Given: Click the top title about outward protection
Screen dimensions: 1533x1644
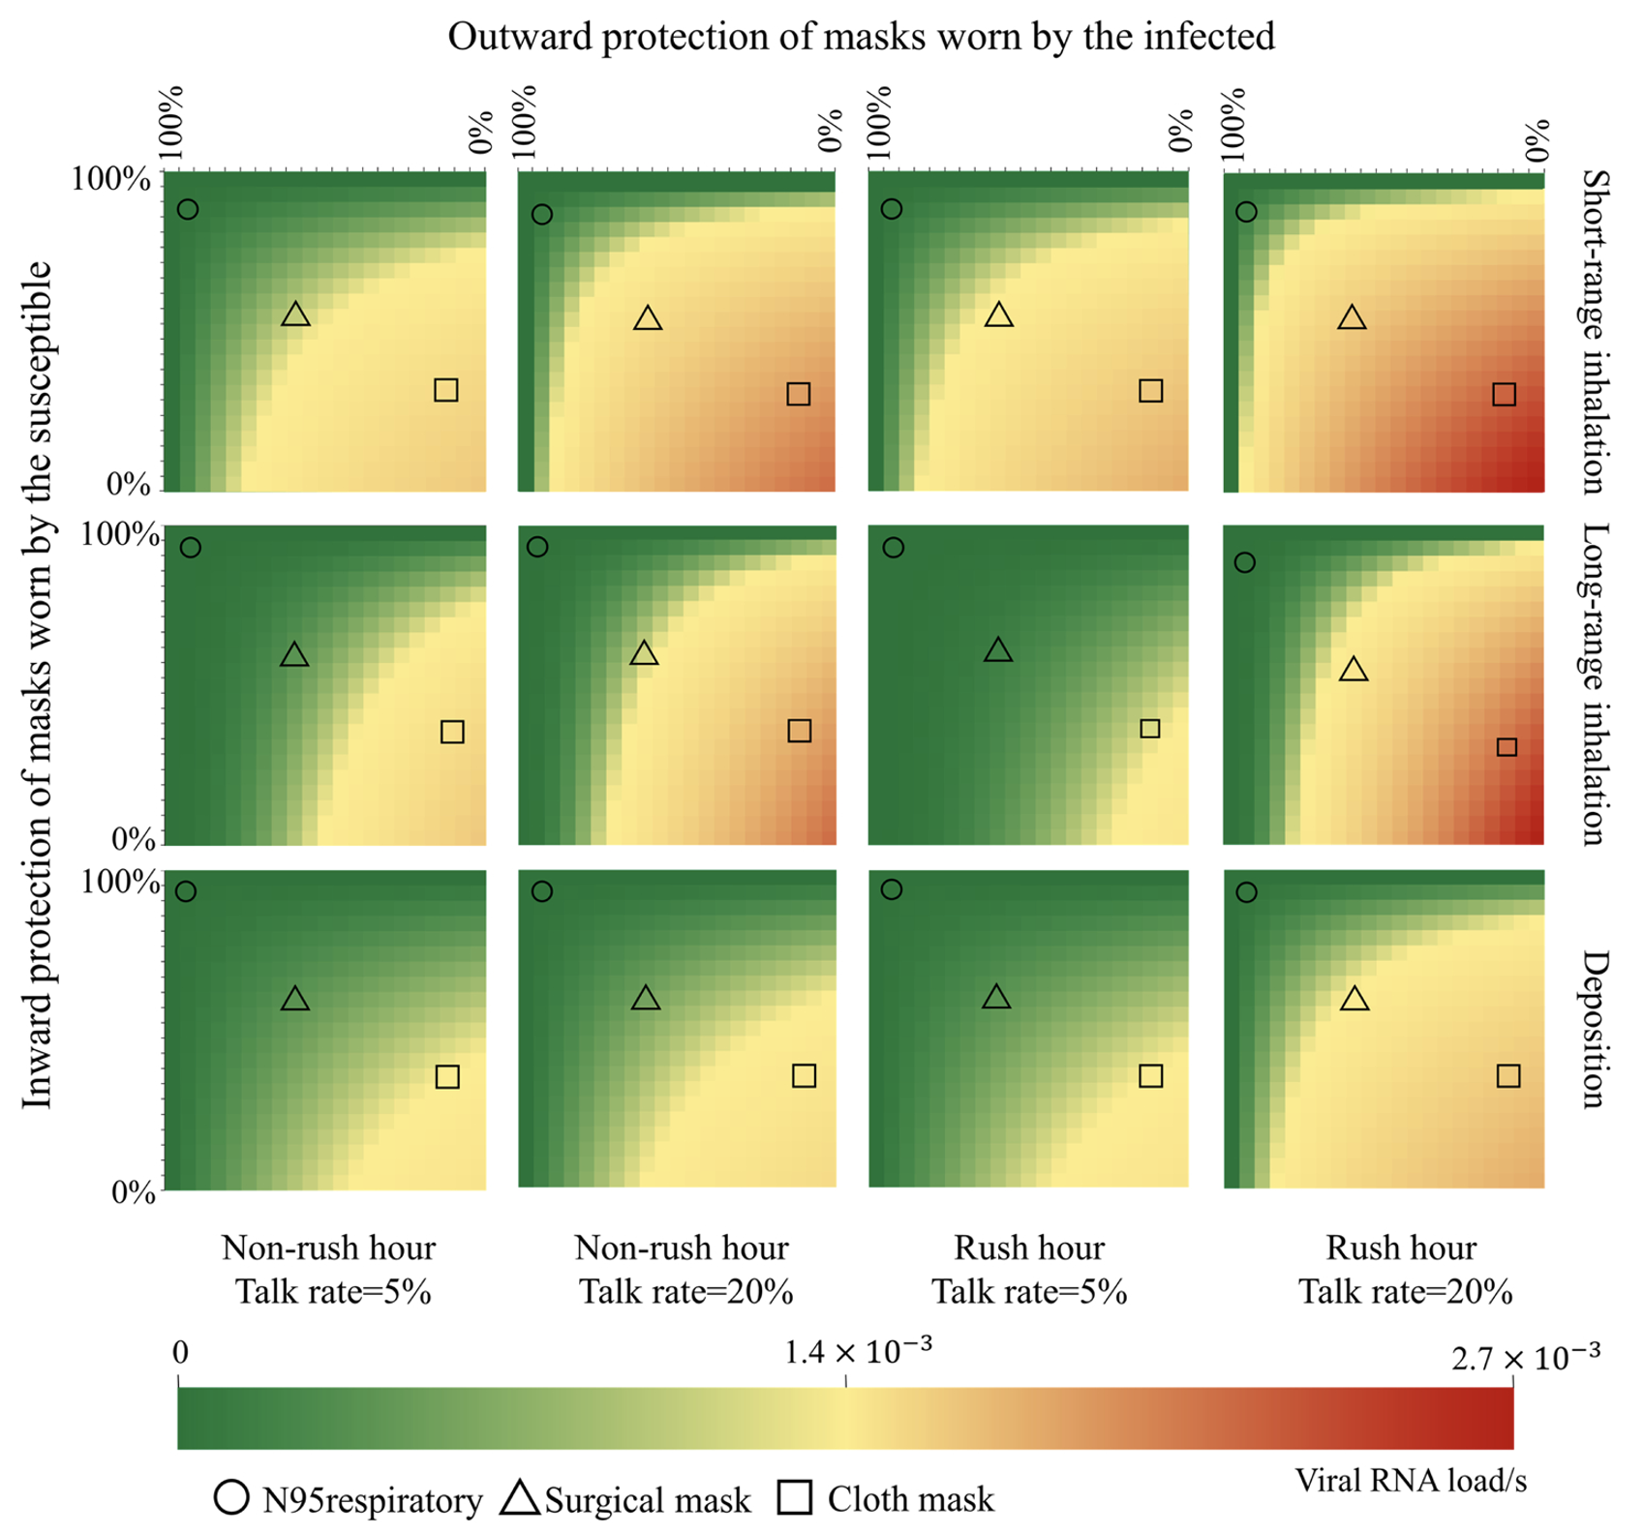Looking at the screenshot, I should [x=860, y=37].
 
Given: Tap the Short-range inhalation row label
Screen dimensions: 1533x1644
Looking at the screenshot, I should [x=1594, y=331].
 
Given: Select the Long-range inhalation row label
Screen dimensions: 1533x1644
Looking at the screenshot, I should [x=1594, y=684].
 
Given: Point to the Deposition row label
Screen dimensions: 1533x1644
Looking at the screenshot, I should [x=1594, y=1028].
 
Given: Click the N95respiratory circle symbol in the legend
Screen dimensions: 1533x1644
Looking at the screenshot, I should [x=231, y=1498].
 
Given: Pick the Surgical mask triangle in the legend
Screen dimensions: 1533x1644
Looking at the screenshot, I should [x=520, y=1498].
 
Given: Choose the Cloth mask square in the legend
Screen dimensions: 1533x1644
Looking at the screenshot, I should [x=795, y=1498].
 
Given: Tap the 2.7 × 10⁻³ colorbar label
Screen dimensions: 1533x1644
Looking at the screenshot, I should [x=1524, y=1358].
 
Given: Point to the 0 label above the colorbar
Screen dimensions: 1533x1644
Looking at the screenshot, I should [x=181, y=1353].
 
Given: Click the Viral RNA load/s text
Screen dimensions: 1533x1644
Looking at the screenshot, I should [x=1411, y=1481].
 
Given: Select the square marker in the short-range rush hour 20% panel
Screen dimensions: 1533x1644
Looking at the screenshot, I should [x=1504, y=394].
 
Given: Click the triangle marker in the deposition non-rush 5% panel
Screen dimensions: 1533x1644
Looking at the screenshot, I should [x=295, y=1000].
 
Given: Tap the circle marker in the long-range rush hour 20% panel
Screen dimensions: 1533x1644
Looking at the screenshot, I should [x=1245, y=562].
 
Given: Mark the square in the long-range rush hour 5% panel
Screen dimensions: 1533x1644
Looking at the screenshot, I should [x=1149, y=729].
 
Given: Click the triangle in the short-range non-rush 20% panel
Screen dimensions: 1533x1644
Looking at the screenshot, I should [x=648, y=318].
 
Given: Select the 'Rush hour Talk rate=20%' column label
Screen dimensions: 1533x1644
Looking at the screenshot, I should [x=1403, y=1269].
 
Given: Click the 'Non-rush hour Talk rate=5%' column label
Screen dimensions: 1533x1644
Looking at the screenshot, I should [x=329, y=1269].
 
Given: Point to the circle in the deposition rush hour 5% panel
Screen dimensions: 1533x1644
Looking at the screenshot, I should [x=892, y=889].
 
